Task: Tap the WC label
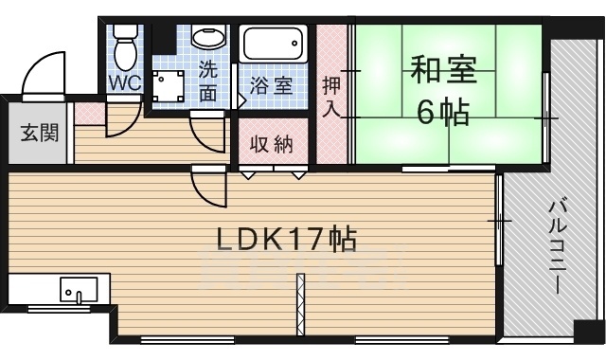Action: click(124, 83)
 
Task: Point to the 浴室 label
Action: click(272, 85)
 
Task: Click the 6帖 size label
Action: click(443, 114)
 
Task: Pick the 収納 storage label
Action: click(271, 145)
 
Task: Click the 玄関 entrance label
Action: click(39, 132)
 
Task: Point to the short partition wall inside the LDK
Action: click(300, 306)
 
